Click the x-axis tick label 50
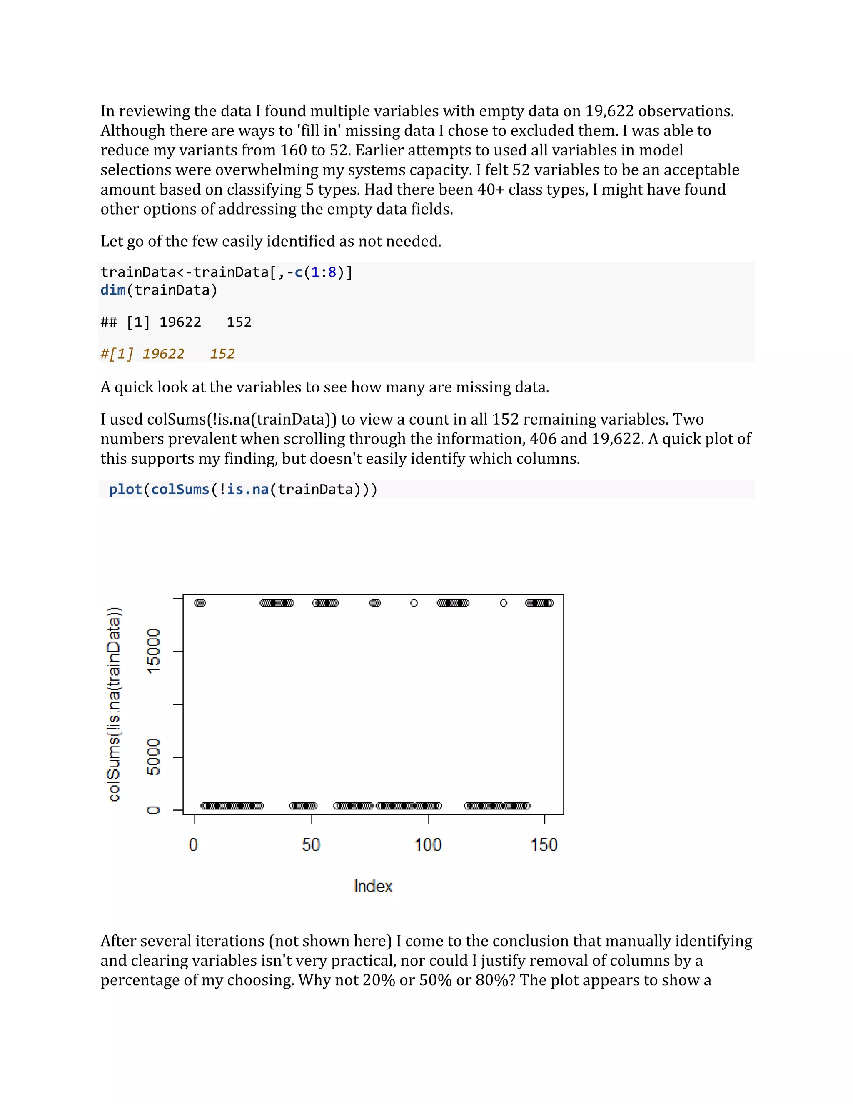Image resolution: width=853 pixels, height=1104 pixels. pyautogui.click(x=311, y=845)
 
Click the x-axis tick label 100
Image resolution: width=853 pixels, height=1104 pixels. pyautogui.click(x=427, y=845)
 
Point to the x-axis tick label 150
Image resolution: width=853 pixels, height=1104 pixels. pyautogui.click(x=543, y=845)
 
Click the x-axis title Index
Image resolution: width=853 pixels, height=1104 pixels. pyautogui.click(x=373, y=886)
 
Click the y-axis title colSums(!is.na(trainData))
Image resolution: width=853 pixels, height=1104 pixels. pyautogui.click(x=115, y=704)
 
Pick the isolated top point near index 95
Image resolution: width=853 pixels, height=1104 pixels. pyautogui.click(x=414, y=603)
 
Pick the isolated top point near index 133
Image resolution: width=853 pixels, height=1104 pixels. pyautogui.click(x=503, y=603)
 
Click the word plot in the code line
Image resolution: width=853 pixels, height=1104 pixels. pyautogui.click(x=125, y=490)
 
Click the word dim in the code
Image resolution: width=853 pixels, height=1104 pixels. pyautogui.click(x=113, y=290)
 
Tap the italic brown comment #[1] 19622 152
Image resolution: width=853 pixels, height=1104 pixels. pyautogui.click(x=167, y=354)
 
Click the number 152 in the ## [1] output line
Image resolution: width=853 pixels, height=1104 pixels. pyautogui.click(x=239, y=322)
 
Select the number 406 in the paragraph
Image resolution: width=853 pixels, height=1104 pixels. pyautogui.click(x=542, y=439)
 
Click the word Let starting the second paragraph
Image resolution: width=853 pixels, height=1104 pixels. pyautogui.click(x=112, y=241)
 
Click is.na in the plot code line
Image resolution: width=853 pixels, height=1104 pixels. pyautogui.click(x=248, y=490)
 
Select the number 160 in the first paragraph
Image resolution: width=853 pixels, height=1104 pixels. pyautogui.click(x=294, y=150)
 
